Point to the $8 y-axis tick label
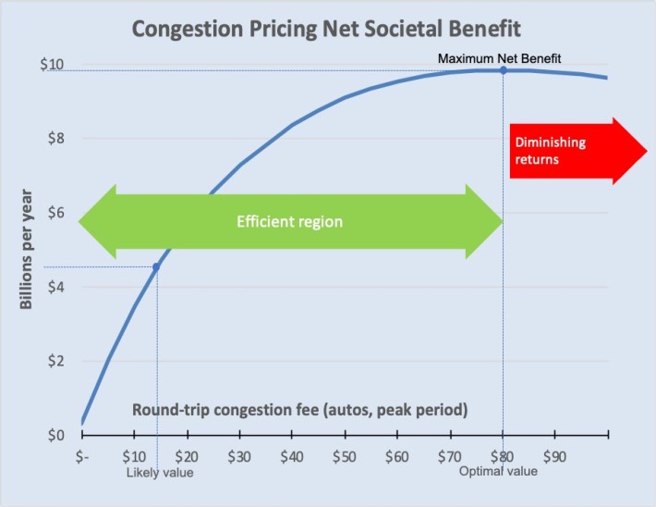(x=55, y=139)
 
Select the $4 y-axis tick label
(x=55, y=287)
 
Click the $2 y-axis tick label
(x=55, y=361)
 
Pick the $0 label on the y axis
(x=55, y=435)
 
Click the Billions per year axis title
(x=28, y=250)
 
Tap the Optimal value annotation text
(x=498, y=472)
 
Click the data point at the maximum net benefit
(x=504, y=70)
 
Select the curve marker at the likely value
(x=156, y=267)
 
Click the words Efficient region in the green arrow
(x=289, y=222)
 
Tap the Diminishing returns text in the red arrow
(x=551, y=151)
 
